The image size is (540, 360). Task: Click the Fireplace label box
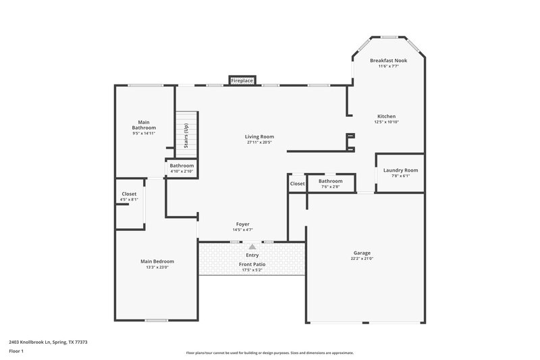[x=242, y=80]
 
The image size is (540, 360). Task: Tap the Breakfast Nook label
[x=388, y=61]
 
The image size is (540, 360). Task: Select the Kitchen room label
[x=386, y=116]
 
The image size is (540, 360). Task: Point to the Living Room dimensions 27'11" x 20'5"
[x=259, y=143]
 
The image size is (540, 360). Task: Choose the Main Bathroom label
[x=144, y=125]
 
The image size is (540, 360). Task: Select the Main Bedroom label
[x=157, y=261]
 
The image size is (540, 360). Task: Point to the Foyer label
[x=242, y=224]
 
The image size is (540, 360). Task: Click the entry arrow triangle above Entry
[x=252, y=247]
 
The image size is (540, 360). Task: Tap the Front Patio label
[x=252, y=264]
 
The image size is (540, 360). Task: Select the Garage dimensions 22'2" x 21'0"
[x=362, y=259]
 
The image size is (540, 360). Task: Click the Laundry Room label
[x=400, y=170]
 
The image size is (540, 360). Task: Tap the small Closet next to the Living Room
[x=297, y=184]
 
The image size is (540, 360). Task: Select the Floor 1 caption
[x=17, y=352]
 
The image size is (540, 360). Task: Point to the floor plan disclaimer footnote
[x=269, y=353]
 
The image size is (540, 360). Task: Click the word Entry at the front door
[x=252, y=255]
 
